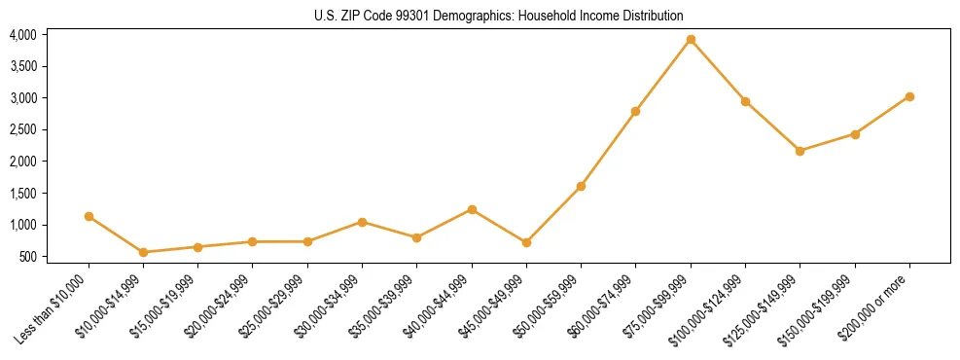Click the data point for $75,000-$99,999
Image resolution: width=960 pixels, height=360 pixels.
coord(691,40)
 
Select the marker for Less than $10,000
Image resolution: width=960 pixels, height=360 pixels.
coord(89,216)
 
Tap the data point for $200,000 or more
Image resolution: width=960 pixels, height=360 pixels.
coord(909,96)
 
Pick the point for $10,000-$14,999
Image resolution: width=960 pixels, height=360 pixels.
coord(144,252)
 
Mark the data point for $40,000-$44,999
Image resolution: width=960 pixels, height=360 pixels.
coord(472,209)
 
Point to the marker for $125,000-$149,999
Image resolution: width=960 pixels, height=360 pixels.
coord(800,151)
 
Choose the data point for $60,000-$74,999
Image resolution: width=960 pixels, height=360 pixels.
coord(635,111)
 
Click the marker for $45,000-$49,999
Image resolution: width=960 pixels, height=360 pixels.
coord(526,242)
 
